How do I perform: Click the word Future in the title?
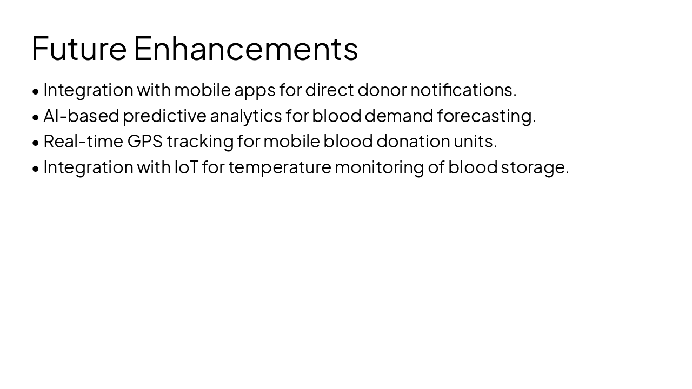[79, 48]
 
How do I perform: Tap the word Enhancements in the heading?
[245, 48]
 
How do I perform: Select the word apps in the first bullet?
[255, 90]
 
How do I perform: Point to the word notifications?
[463, 90]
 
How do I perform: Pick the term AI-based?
[81, 116]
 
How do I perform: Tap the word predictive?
[164, 116]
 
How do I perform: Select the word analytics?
[245, 116]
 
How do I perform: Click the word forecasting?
[487, 116]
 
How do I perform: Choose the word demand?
[399, 116]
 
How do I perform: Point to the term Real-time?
[83, 141]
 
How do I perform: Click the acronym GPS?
[145, 141]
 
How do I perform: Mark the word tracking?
[200, 142]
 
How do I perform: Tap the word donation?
[413, 141]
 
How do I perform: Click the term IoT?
[186, 167]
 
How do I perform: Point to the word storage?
[535, 167]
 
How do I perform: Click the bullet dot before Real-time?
[36, 143]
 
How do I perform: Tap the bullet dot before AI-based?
[36, 117]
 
